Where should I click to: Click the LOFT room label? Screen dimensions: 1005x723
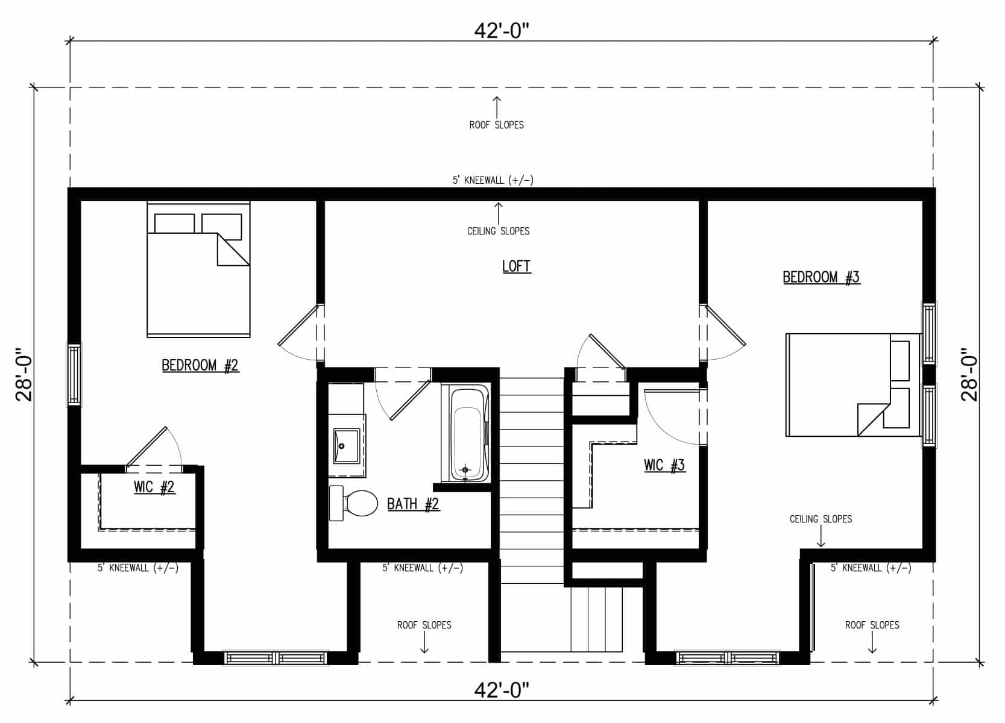click(x=517, y=266)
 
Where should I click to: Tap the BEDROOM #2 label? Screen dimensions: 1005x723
click(x=200, y=365)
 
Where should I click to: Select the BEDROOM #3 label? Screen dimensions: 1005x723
click(x=821, y=277)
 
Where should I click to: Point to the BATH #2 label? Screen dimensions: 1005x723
click(x=413, y=504)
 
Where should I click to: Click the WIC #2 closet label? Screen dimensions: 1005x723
click(x=154, y=487)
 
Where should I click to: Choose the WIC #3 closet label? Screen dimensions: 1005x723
click(x=664, y=465)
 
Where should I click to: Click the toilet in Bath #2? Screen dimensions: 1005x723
click(x=353, y=503)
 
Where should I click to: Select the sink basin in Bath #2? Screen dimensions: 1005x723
click(x=347, y=446)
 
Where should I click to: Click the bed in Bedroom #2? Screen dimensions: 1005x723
click(x=199, y=269)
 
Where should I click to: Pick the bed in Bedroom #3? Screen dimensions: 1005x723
click(x=853, y=385)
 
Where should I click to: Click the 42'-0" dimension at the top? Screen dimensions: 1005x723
click(x=502, y=31)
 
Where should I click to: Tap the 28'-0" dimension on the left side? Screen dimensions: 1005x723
click(x=24, y=374)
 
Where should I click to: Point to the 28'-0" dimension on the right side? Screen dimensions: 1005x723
click(x=969, y=374)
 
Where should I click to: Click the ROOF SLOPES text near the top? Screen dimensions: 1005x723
click(x=496, y=125)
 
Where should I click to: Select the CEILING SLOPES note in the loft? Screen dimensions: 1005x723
click(x=498, y=231)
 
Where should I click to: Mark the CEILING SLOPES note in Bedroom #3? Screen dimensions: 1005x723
click(x=821, y=519)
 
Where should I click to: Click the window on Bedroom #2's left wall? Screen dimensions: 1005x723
click(x=74, y=375)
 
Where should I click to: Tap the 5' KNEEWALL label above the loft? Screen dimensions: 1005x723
click(x=493, y=180)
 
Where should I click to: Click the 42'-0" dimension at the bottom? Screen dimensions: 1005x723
click(x=502, y=690)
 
